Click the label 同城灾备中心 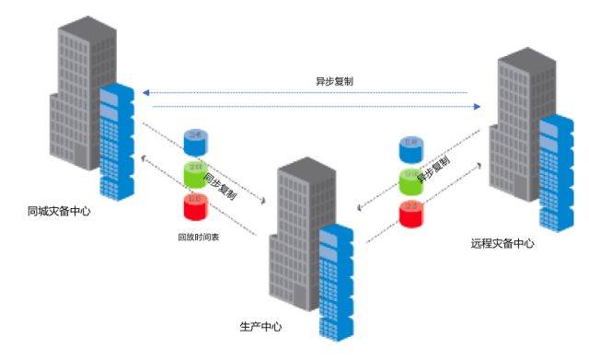tap(60, 211)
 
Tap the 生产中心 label tap(260, 327)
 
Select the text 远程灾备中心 tap(502, 244)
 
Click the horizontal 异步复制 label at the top tap(335, 81)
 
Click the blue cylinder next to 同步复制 tap(195, 141)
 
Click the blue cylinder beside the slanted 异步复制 tap(410, 147)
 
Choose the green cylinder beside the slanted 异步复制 tap(411, 180)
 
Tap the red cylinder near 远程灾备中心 tap(411, 214)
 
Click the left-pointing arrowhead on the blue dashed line tap(144, 92)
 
